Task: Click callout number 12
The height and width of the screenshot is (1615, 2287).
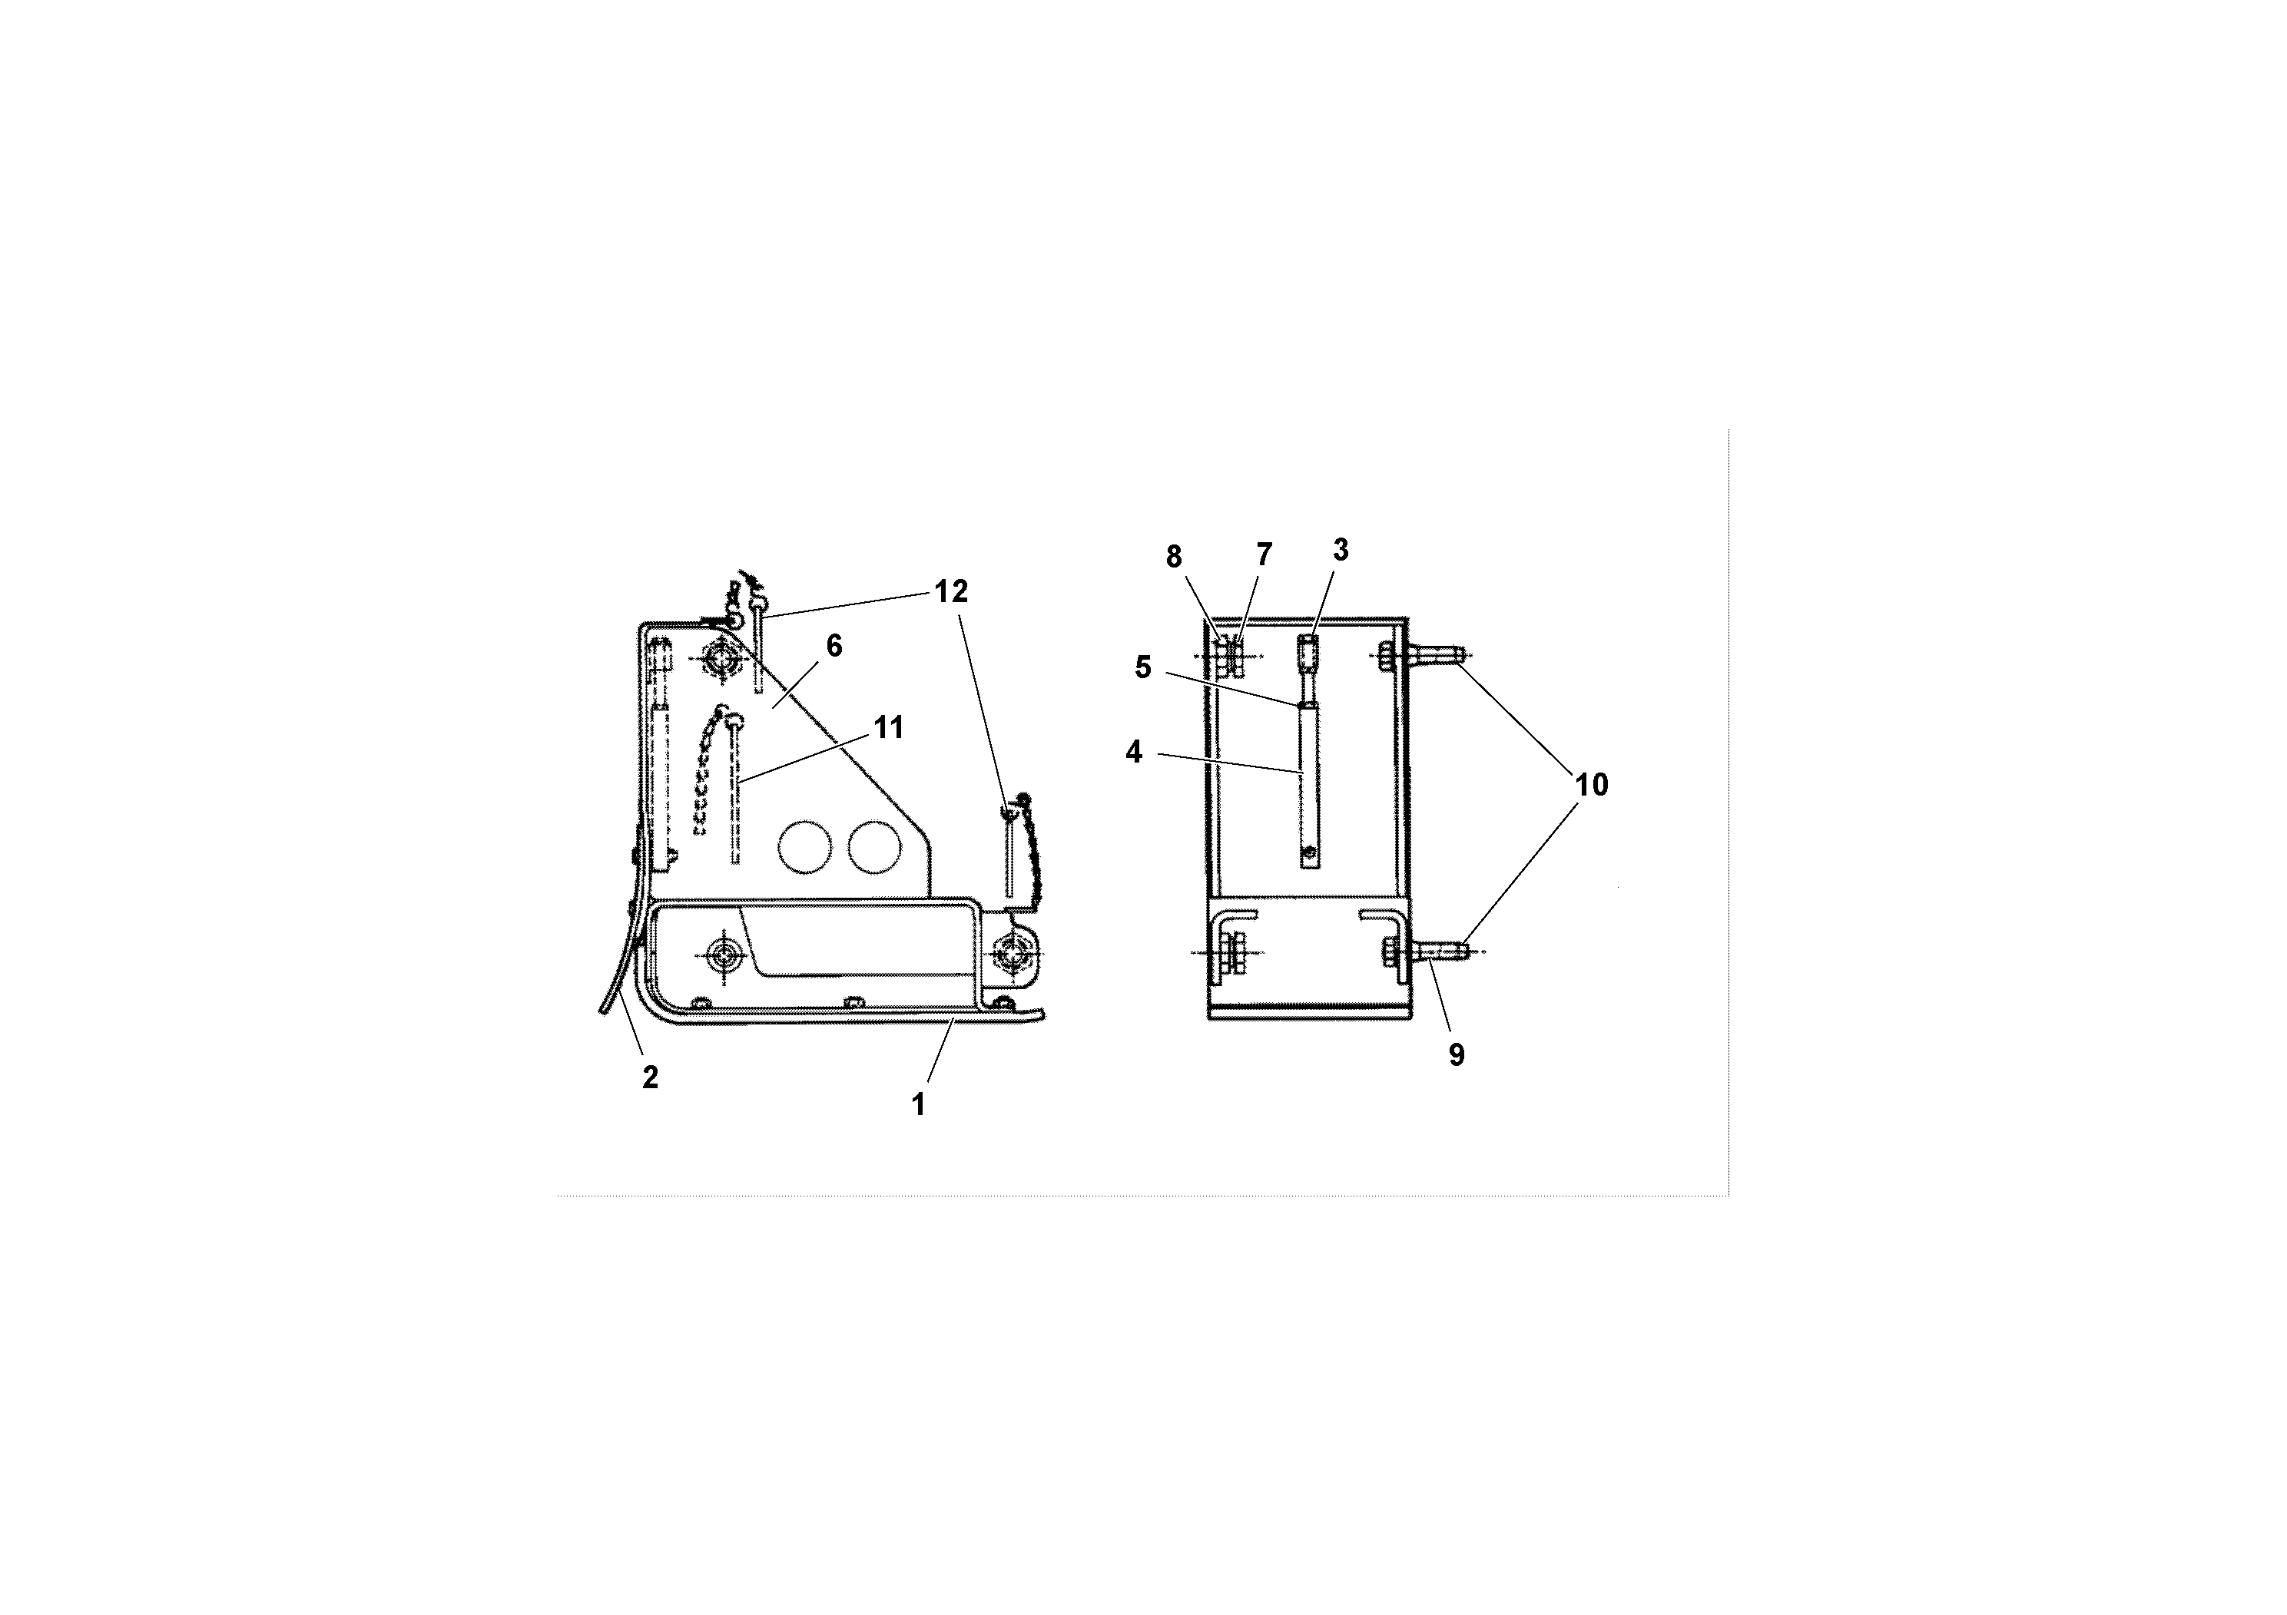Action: pos(950,591)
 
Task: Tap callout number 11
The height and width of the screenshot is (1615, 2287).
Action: pos(889,728)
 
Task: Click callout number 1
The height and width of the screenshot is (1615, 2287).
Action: pos(918,1104)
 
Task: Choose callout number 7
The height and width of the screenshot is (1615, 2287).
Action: pos(1263,554)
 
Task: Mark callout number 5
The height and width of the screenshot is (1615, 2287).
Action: pos(1142,667)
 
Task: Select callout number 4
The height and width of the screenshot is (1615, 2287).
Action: pos(1134,753)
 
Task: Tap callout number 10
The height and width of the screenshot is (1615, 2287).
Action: pos(1591,786)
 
